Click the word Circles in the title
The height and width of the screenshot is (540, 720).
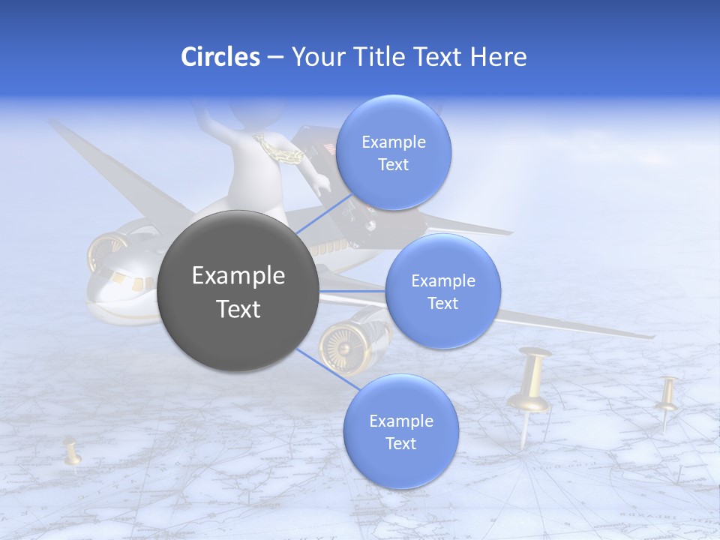tap(220, 57)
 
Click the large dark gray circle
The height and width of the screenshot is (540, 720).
tap(238, 291)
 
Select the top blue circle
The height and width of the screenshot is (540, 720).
tap(393, 152)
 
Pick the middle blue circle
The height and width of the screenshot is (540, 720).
tap(442, 291)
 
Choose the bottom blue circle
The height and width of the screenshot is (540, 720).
tap(400, 431)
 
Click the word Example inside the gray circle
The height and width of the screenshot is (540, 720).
tap(238, 276)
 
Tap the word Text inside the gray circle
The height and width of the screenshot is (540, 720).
tap(238, 309)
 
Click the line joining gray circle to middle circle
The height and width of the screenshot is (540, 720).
tap(352, 291)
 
